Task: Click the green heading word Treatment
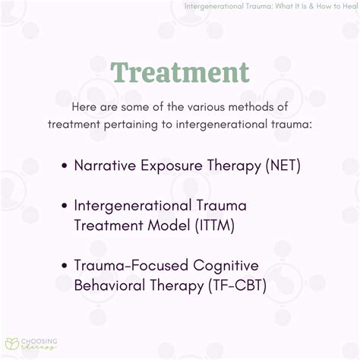179,72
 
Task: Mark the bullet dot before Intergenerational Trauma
66,207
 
